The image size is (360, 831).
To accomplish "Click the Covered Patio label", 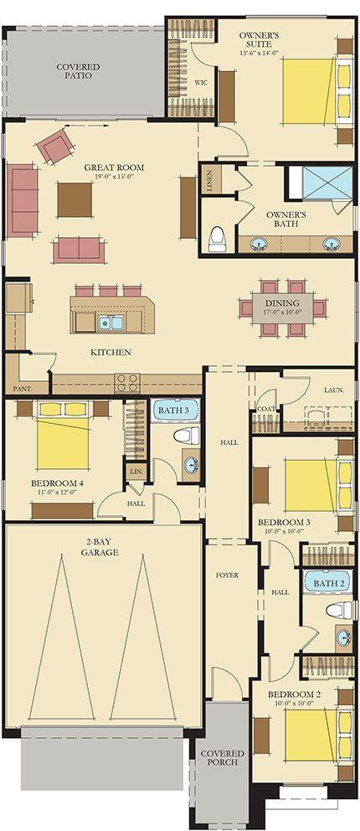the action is (79, 71).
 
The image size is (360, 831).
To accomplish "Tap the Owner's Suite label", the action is (255, 39).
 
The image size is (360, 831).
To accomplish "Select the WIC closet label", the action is (201, 83).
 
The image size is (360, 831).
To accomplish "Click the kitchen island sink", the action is (111, 323).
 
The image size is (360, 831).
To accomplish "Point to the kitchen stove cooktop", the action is (127, 383).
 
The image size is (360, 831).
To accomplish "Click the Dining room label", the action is (282, 303).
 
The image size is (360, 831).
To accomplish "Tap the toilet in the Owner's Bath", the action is (218, 240).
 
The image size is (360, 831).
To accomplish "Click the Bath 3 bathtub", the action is (177, 410).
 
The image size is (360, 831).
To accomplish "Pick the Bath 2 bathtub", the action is (328, 583).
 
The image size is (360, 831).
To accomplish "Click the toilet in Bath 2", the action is (339, 610).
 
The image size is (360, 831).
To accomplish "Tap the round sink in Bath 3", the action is (191, 465).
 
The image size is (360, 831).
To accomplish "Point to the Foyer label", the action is (227, 575).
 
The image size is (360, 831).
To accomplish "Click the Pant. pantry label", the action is (23, 389).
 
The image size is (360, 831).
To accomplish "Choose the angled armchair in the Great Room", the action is (55, 147).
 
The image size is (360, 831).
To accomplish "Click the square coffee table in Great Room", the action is (75, 200).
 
